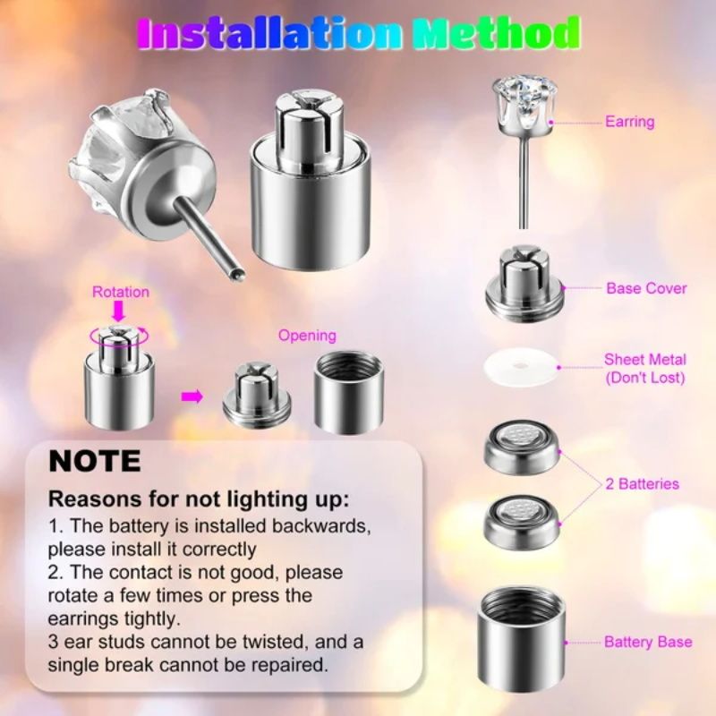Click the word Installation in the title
click(269, 34)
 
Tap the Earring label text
click(629, 122)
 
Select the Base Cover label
click(646, 288)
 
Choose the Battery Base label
click(647, 642)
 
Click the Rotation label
click(121, 292)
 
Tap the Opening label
click(307, 336)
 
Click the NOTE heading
click(95, 461)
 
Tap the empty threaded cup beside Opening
click(348, 391)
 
